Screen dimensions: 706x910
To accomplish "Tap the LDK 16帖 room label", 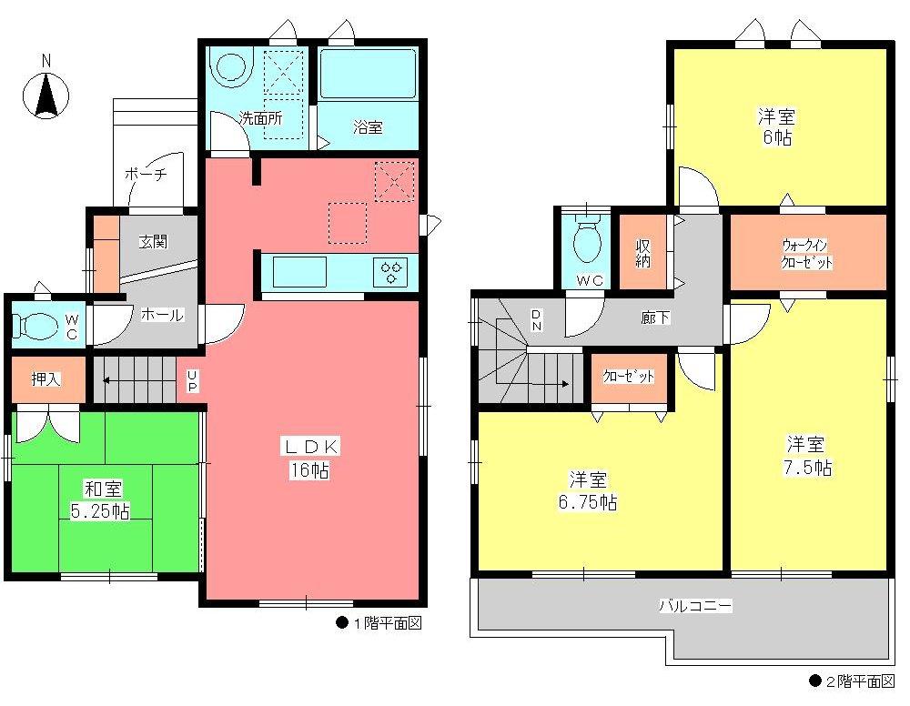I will coord(313,458).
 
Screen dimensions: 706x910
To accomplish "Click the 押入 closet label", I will coord(46,379).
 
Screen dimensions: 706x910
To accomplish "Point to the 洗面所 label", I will coord(260,117).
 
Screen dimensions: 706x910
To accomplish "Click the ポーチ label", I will coord(145,176).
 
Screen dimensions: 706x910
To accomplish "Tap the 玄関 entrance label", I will coord(153,242).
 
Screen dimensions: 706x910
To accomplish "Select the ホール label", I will coord(162,315).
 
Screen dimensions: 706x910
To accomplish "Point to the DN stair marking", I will coord(537,318).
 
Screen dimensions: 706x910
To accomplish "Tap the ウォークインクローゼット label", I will coord(808,254).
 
